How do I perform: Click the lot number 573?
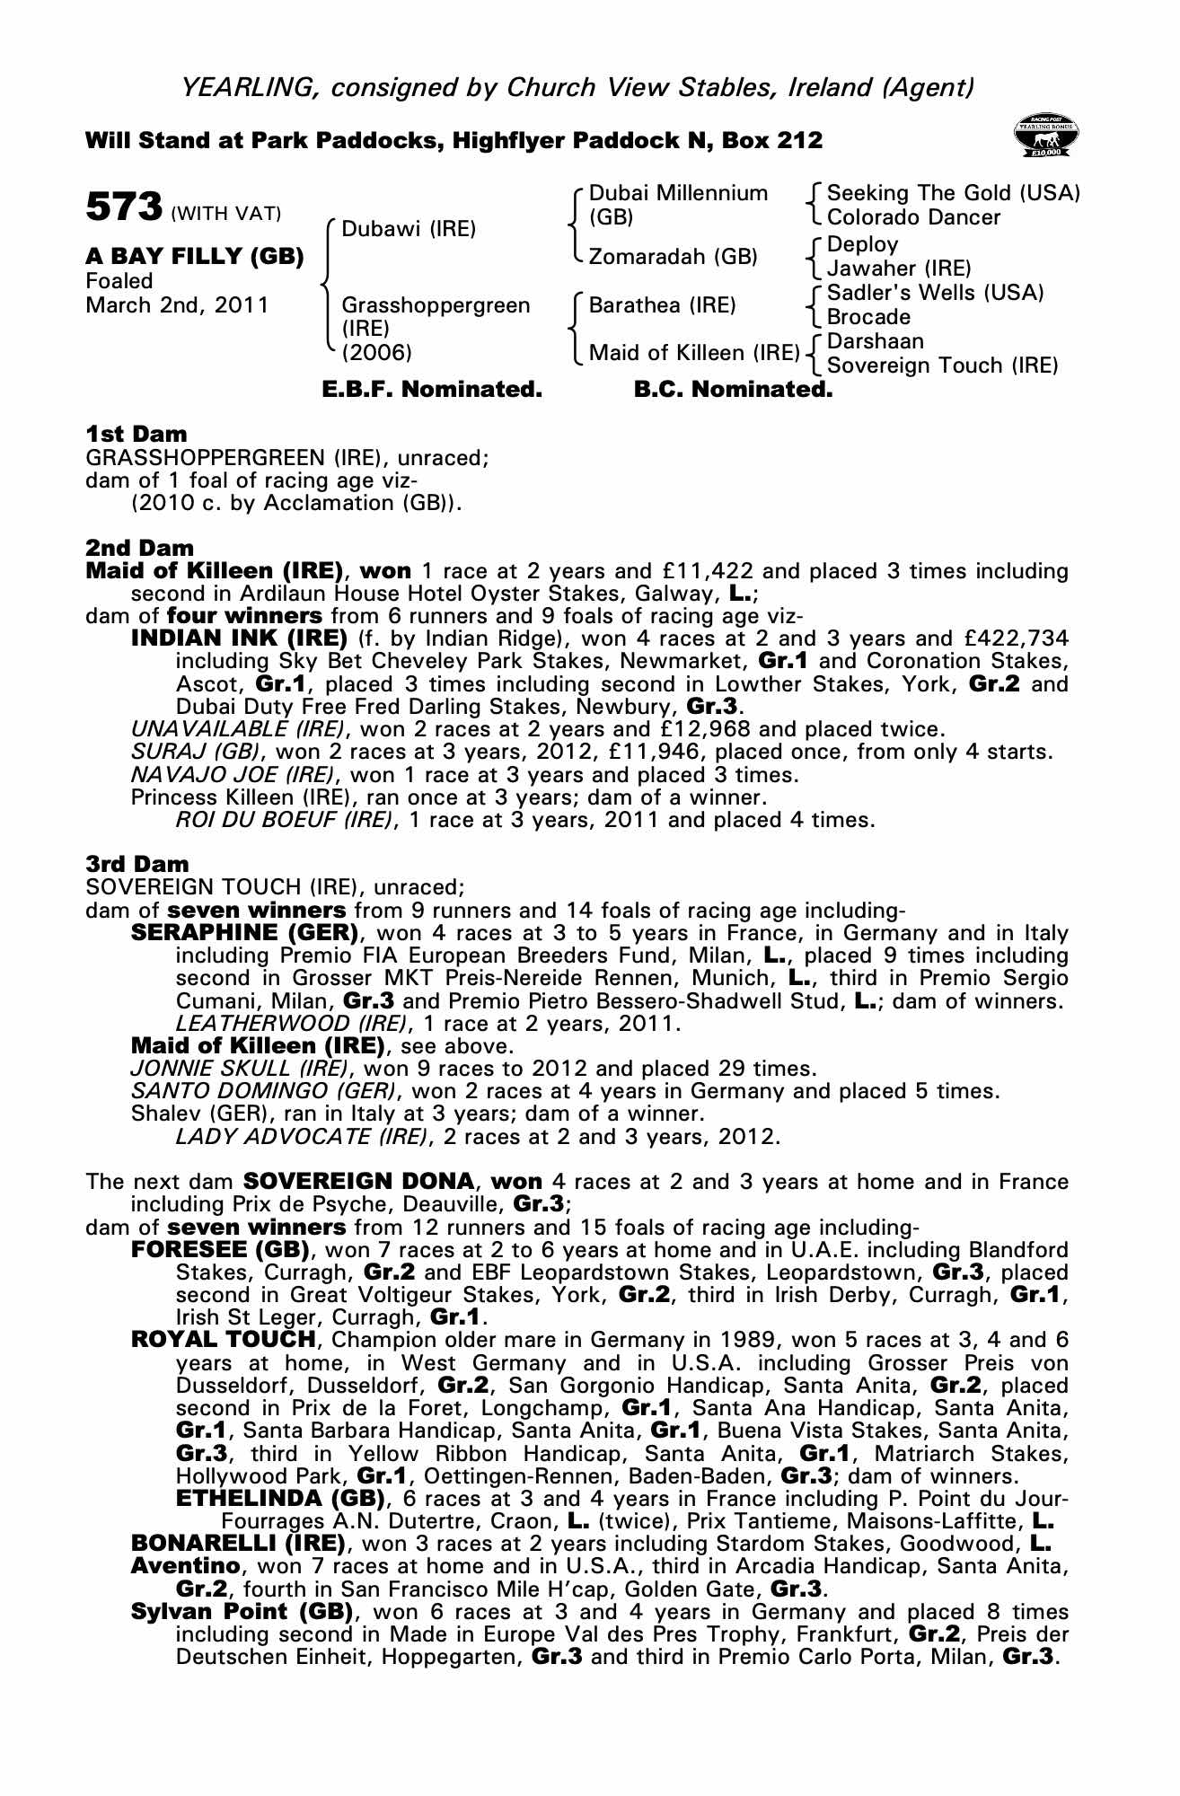point(124,207)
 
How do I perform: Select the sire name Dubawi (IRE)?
point(409,229)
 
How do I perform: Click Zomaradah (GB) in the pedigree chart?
point(673,257)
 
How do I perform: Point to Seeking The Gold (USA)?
point(953,193)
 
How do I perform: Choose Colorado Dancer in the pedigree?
point(913,217)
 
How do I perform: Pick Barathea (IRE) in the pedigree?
point(662,305)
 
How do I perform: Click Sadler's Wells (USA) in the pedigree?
point(935,293)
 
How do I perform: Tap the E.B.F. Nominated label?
point(432,390)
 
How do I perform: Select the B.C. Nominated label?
point(733,390)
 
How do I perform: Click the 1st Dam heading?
point(136,435)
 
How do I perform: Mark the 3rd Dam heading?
point(137,864)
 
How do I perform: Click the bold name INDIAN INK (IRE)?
point(239,638)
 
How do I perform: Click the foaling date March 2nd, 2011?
point(177,305)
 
